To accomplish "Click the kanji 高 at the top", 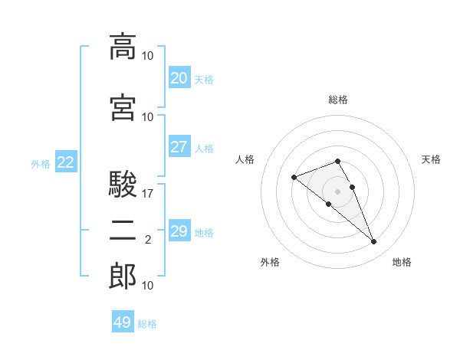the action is (x=123, y=47).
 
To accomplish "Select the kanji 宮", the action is (x=123, y=107).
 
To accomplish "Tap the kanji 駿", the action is (x=123, y=184).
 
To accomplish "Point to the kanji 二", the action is (x=123, y=231).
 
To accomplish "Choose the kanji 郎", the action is (x=123, y=276).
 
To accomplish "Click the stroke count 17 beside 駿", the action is (x=147, y=194).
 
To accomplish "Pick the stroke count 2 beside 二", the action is (x=148, y=240).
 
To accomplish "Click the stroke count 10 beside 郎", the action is (x=147, y=286).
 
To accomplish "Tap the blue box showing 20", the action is (x=179, y=77).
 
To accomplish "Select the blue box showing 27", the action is (x=179, y=146).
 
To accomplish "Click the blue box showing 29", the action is (x=179, y=230).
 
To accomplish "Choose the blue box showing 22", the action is (x=66, y=162).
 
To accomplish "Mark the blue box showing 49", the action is (x=123, y=321).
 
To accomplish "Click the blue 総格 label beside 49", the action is (x=147, y=324).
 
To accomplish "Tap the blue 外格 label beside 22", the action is (x=41, y=164).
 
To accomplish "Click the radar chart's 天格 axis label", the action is (x=431, y=159).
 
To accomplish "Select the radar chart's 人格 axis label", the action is (x=245, y=159).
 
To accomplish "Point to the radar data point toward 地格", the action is (x=374, y=241).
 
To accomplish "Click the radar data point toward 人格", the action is (x=294, y=177).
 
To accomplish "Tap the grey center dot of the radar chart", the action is (x=337, y=191).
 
